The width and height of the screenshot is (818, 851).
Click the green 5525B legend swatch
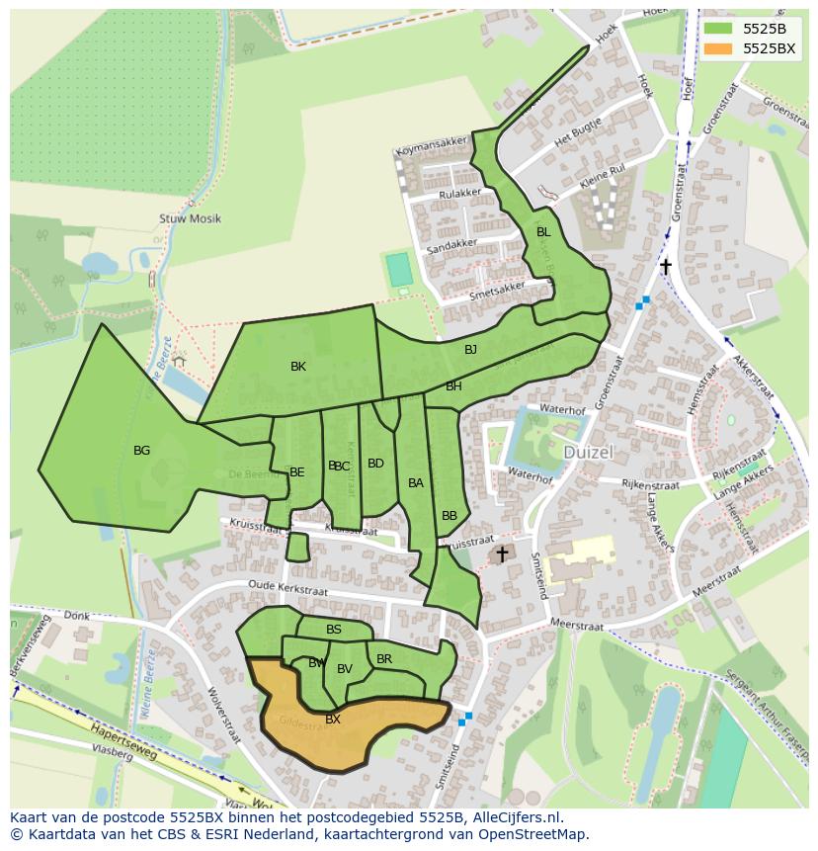719,29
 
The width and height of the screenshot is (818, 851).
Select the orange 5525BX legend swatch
719,48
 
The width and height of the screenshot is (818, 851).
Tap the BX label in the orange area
333,720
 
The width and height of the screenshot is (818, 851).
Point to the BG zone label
141,451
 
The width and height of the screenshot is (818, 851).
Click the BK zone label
298,367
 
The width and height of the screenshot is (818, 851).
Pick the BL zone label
542,232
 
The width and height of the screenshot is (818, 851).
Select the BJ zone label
470,350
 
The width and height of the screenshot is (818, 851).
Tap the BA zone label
416,483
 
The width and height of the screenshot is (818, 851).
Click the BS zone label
334,630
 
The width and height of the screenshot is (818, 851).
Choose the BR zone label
384,659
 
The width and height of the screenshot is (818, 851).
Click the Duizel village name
590,452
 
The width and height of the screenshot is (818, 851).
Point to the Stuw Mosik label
190,218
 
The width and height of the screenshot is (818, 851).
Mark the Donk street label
76,616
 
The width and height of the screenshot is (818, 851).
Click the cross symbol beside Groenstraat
666,266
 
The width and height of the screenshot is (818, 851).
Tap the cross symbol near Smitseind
502,554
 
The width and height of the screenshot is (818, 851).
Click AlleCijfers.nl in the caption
513,817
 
